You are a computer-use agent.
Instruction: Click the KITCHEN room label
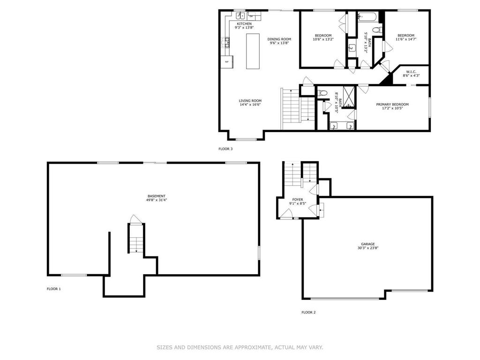click(x=244, y=24)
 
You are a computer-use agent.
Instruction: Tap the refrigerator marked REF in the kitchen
click(x=227, y=61)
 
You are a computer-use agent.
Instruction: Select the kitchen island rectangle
click(x=253, y=51)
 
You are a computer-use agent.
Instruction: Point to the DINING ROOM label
click(x=279, y=39)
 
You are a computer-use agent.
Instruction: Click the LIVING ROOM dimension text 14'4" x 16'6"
click(x=250, y=105)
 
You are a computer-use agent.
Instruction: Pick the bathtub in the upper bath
click(x=367, y=17)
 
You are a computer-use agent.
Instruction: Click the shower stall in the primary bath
click(x=349, y=96)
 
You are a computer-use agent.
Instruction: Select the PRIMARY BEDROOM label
click(x=392, y=105)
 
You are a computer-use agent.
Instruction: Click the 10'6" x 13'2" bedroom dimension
click(x=323, y=40)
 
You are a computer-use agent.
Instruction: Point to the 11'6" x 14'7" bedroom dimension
click(x=406, y=40)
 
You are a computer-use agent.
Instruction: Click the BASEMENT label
click(x=156, y=196)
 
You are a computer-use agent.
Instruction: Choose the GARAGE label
click(x=367, y=244)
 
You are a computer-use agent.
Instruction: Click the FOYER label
click(x=298, y=199)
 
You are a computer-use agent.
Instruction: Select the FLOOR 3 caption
click(x=225, y=149)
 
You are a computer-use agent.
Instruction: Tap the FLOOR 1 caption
click(x=54, y=289)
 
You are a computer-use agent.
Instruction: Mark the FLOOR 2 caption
click(x=308, y=312)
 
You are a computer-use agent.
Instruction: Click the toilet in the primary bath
click(x=322, y=93)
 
